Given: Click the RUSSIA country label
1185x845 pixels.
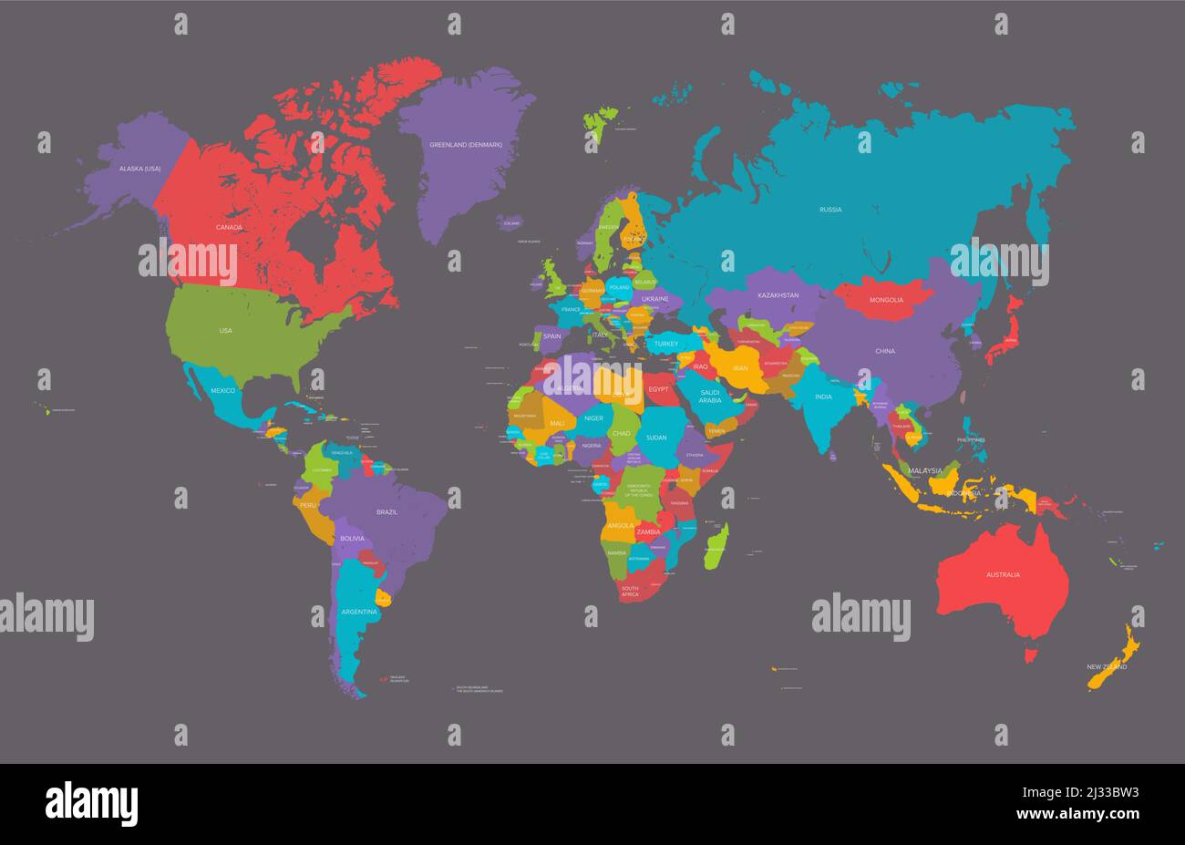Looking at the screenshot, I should [x=829, y=210].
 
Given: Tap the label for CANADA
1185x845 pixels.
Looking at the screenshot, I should [x=229, y=227].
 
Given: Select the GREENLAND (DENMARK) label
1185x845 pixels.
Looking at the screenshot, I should [x=466, y=144].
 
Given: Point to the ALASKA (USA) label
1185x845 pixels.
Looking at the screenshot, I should [x=139, y=169].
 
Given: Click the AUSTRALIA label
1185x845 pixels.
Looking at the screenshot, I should [x=1003, y=574].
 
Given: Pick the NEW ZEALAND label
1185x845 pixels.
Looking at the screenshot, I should [x=1107, y=666].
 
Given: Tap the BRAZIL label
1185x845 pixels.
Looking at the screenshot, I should [x=386, y=512].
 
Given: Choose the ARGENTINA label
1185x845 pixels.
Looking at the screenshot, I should [x=358, y=612].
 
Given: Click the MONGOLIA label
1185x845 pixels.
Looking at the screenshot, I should [x=886, y=300].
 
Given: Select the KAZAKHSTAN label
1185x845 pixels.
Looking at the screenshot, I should [x=778, y=295].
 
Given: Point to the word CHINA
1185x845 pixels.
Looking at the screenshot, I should [x=884, y=351].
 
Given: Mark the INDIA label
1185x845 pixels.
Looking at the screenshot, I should [x=823, y=397].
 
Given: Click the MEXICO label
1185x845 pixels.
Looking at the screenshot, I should [x=222, y=390].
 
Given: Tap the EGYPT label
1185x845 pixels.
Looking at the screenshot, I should [x=658, y=389].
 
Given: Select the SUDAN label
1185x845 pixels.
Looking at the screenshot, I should [x=656, y=438].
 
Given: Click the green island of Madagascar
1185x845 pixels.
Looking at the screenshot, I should [x=717, y=546].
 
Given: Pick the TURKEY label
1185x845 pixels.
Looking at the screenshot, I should [x=665, y=344].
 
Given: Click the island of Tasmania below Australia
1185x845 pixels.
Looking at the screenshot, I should [x=1032, y=654].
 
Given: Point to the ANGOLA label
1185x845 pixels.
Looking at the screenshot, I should [x=620, y=525].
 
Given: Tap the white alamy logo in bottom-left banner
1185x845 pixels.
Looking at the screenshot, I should [x=91, y=804].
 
